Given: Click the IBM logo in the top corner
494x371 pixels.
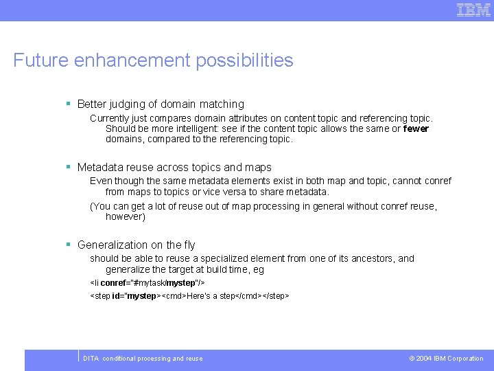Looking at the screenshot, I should coord(474,10).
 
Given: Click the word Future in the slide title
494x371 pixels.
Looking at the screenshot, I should coord(40,60).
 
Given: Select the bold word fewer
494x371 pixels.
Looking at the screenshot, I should coord(416,128).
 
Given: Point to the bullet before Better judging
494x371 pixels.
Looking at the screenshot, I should coord(69,104).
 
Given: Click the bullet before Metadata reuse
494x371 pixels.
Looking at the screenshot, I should coord(69,167).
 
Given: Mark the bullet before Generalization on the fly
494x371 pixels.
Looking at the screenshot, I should coord(69,245).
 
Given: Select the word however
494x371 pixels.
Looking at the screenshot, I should coord(123,216).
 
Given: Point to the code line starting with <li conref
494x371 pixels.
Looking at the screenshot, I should coord(148,282).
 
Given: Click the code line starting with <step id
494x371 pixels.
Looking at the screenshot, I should coord(189,295).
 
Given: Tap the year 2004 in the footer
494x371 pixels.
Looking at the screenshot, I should coord(424,359).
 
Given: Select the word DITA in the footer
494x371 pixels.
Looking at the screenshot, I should coord(91,359).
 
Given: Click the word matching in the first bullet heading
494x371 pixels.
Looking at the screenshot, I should coord(222,104).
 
